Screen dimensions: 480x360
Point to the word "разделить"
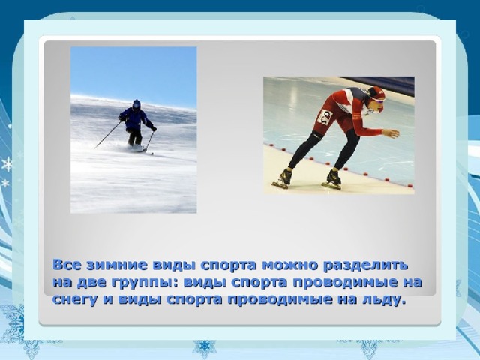365,265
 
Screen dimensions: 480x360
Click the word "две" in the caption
91,282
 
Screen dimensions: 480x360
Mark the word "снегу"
75,300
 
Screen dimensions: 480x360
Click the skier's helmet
136,104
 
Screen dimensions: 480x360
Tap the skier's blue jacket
135,118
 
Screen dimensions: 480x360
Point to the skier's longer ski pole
108,135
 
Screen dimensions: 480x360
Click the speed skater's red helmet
376,92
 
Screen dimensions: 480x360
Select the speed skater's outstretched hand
391,133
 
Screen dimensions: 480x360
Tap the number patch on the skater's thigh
325,117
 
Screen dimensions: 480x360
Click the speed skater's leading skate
331,180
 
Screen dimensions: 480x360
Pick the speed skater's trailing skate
282,179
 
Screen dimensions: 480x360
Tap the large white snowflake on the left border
7,164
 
